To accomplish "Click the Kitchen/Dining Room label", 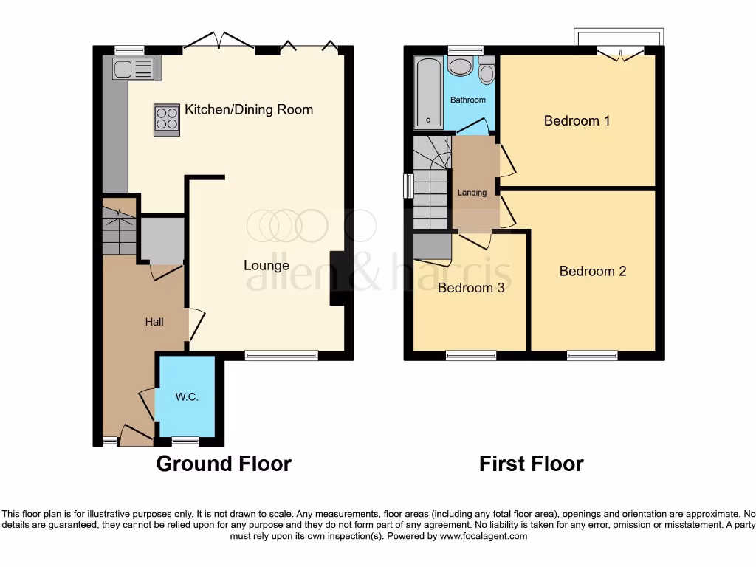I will point(249,110).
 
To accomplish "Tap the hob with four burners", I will point(167,119).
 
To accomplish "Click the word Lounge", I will point(267,265).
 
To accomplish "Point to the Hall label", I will point(154,322).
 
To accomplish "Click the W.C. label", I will point(187,396).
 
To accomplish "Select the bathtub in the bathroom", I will point(429,93).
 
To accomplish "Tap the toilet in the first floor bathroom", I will point(487,72).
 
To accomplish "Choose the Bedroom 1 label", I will point(577,120).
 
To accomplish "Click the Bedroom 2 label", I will point(593,271).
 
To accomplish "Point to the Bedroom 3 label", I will point(471,288).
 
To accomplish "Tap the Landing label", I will point(472,193).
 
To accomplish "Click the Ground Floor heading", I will point(224,464).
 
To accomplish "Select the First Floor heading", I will point(531,464).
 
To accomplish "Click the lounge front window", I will point(281,356).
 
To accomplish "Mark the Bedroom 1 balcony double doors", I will point(620,53).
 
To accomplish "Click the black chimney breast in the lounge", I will point(338,278).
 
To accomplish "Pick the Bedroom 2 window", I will point(592,356).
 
